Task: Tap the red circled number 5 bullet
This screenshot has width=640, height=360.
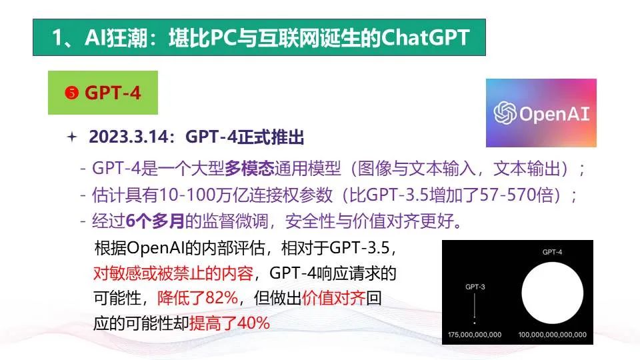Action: tap(71, 93)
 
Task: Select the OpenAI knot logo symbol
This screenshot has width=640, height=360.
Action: tap(505, 113)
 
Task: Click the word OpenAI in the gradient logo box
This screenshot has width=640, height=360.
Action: tap(555, 114)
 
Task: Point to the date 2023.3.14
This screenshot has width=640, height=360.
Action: tap(129, 137)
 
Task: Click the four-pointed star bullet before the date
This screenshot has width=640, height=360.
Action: tap(72, 137)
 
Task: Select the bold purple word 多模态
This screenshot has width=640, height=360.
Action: tap(249, 168)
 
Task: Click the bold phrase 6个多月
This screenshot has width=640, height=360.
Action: tap(155, 221)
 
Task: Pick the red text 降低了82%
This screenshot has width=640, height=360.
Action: tap(197, 298)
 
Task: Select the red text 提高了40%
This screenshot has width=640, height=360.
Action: tap(229, 323)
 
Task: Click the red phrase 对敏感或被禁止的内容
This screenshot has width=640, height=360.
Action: tap(173, 273)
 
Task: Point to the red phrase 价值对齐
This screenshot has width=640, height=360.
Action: tap(333, 298)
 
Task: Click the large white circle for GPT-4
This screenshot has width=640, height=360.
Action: tap(552, 293)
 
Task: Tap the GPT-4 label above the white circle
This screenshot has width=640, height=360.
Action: tap(552, 252)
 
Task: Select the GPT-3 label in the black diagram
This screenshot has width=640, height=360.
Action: tap(475, 287)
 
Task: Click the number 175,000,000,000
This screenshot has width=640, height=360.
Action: tap(475, 335)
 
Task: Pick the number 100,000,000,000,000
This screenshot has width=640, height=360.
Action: tap(552, 335)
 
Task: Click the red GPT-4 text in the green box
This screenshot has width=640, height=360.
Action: tap(113, 93)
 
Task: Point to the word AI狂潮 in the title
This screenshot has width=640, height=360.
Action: tap(115, 38)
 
